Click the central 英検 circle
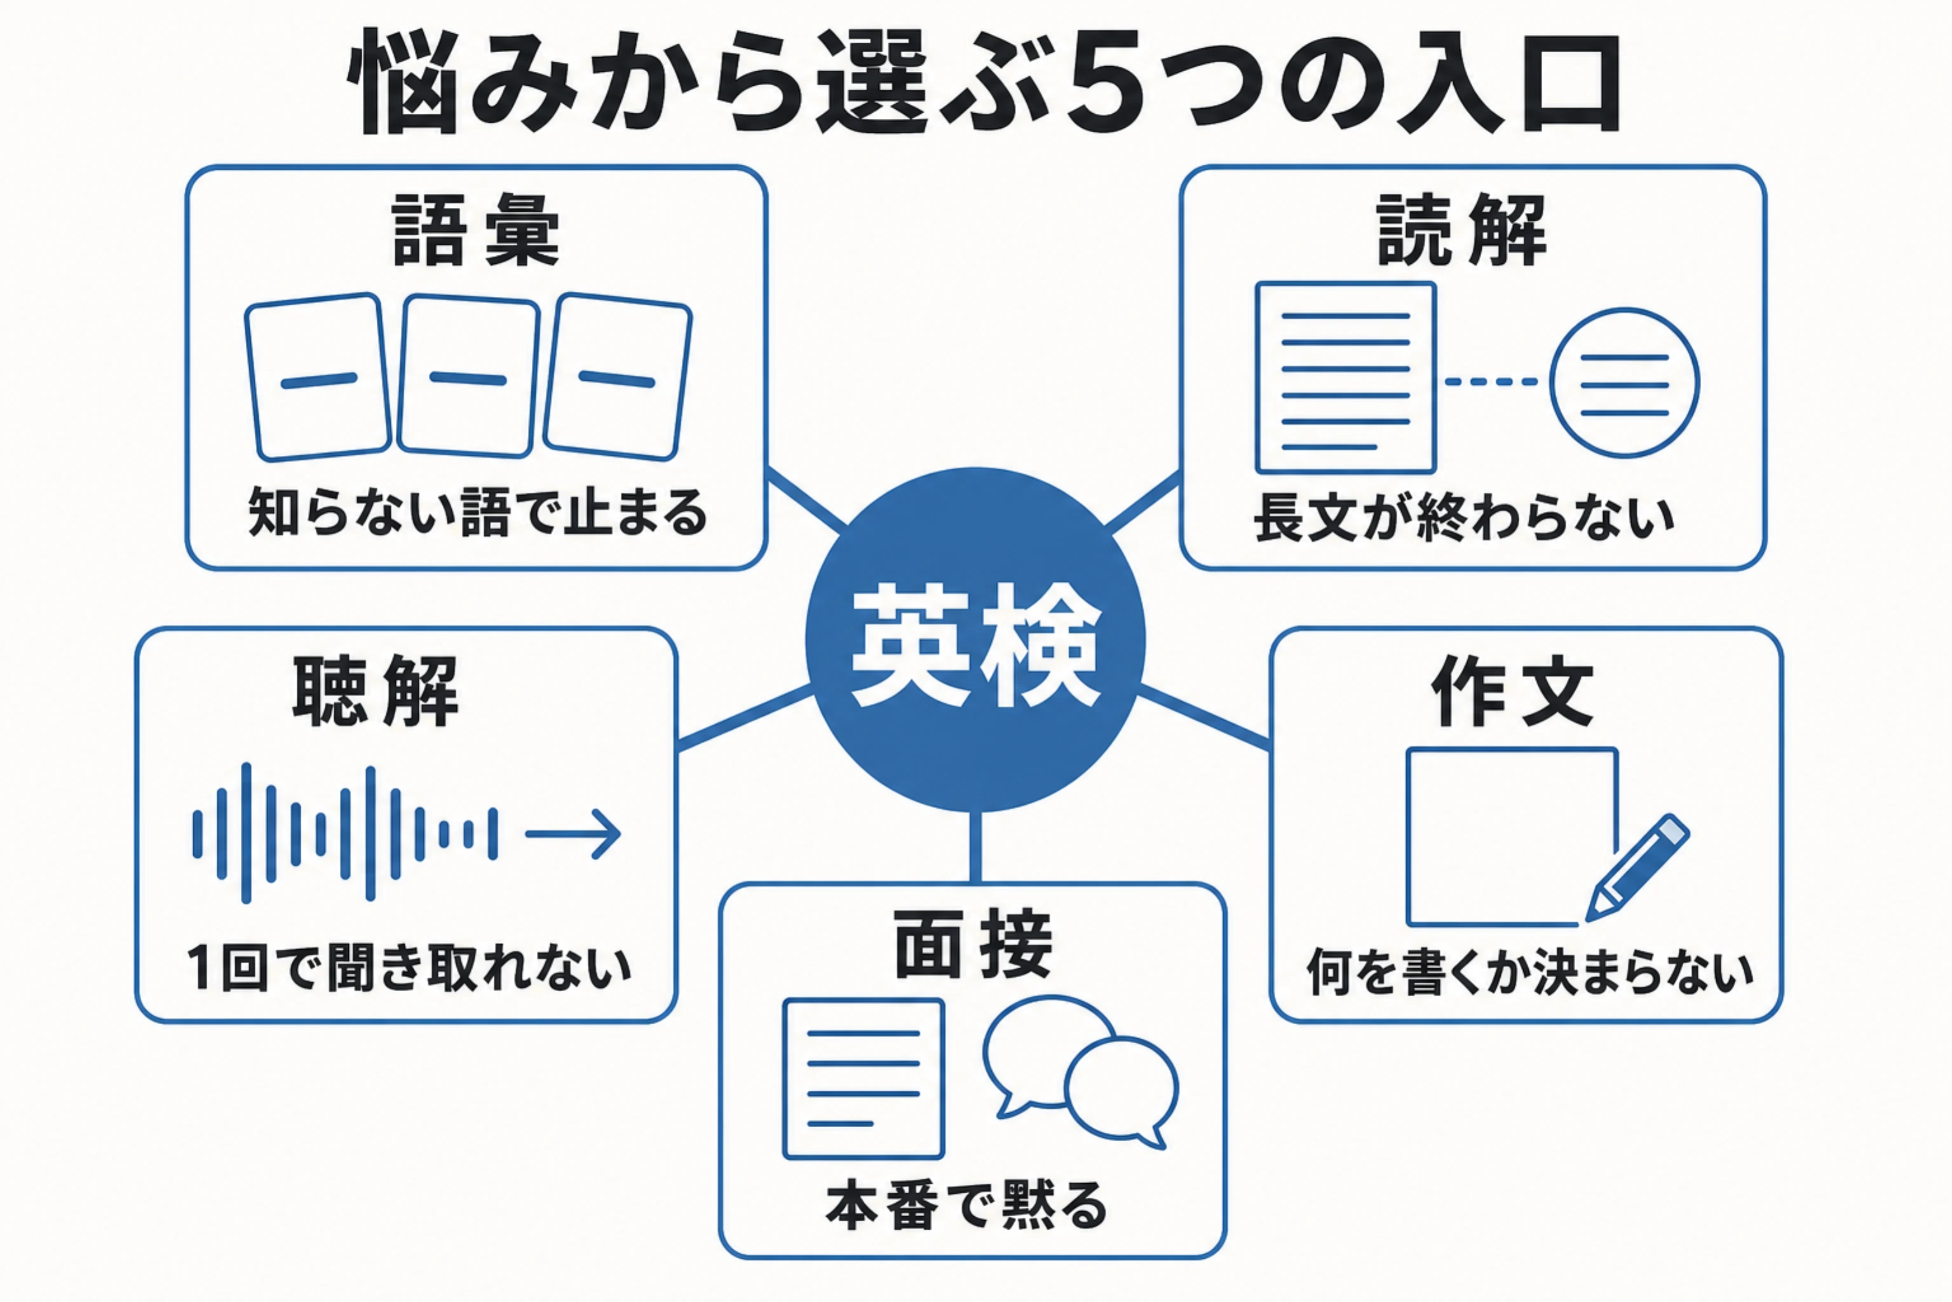[x=975, y=640]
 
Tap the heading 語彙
[x=475, y=230]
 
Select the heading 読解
[x=1462, y=230]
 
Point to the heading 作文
[x=1513, y=691]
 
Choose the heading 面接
[x=973, y=944]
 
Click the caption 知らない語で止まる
[x=477, y=513]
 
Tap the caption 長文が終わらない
[x=1464, y=517]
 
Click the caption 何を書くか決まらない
[x=1529, y=971]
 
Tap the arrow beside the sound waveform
[x=573, y=833]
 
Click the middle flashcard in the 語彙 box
[x=468, y=376]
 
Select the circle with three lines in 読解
[x=1624, y=383]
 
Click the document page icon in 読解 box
[x=1345, y=378]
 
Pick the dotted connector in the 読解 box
[x=1491, y=382]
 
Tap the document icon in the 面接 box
[x=863, y=1079]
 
